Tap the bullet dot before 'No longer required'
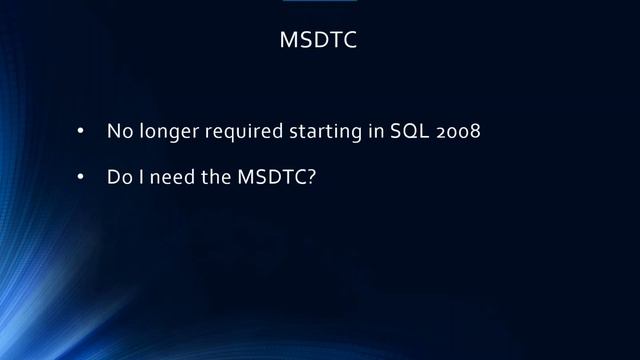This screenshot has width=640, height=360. (x=81, y=132)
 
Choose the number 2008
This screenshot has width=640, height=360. (x=458, y=132)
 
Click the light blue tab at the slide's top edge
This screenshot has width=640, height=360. (x=320, y=2)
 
